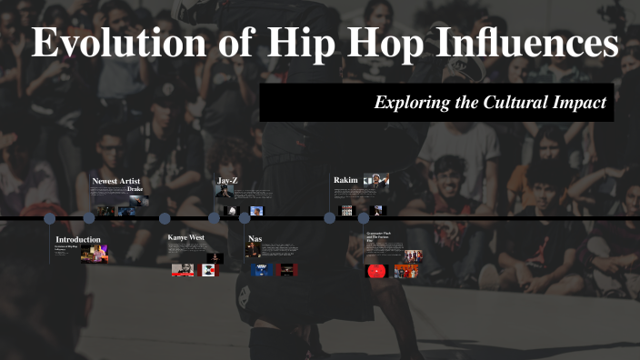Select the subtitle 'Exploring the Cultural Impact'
point(490,103)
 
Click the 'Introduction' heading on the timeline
point(78,240)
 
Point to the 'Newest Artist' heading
point(116,181)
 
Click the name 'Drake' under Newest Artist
point(135,189)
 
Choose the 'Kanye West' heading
point(185,237)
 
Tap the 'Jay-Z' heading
point(226,181)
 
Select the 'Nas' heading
point(255,239)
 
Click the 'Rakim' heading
point(345,180)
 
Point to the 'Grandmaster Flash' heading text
point(380,235)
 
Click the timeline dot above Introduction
point(50,218)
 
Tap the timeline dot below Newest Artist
point(89,218)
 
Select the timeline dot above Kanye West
point(165,218)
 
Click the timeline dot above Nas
point(245,218)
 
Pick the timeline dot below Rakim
point(329,218)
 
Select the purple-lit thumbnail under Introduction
point(91,255)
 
